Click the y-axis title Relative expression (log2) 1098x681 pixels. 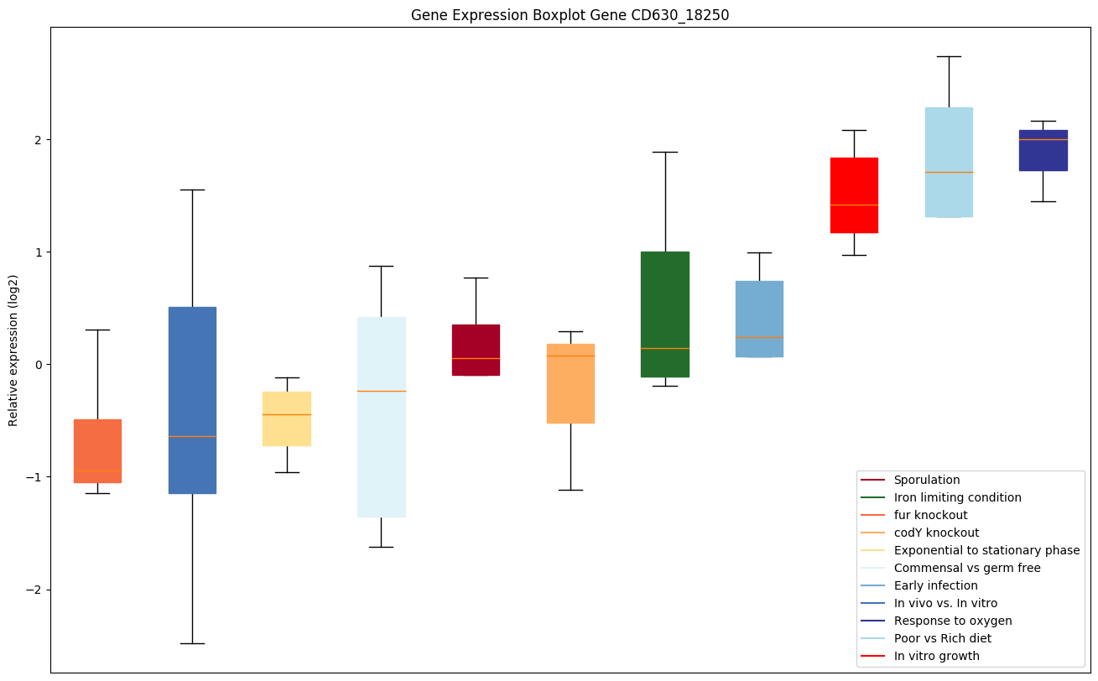click(13, 350)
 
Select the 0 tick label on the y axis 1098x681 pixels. click(39, 365)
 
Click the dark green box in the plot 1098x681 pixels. click(664, 315)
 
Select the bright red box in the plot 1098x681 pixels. click(854, 195)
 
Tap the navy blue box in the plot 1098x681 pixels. click(1043, 151)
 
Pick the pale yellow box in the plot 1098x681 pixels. click(287, 418)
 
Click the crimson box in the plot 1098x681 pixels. click(476, 350)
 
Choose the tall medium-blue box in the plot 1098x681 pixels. click(192, 400)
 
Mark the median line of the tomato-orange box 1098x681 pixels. click(97, 471)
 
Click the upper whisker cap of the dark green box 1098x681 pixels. click(664, 152)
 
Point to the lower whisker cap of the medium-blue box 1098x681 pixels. click(192, 643)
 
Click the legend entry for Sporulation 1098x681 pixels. click(926, 480)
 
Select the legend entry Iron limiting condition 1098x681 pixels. click(957, 497)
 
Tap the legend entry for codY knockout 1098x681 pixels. click(936, 533)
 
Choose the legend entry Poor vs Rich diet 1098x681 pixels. click(942, 638)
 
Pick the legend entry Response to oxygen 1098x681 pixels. click(952, 621)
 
